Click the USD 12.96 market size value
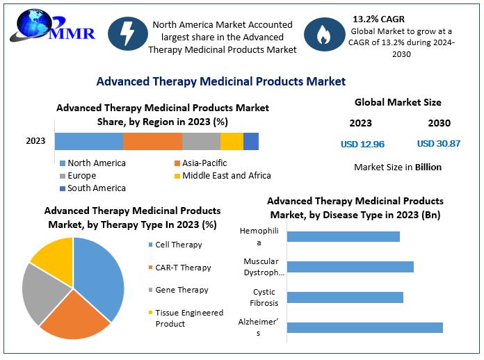362,145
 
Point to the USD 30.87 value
439,144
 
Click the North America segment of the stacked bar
89,141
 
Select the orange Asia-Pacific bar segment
152,141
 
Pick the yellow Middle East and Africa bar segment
232,141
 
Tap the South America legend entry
97,188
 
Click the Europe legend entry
82,176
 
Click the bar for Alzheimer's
364,327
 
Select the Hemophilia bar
343,236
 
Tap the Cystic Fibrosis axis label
265,297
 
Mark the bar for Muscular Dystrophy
350,267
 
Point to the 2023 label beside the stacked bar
35,141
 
